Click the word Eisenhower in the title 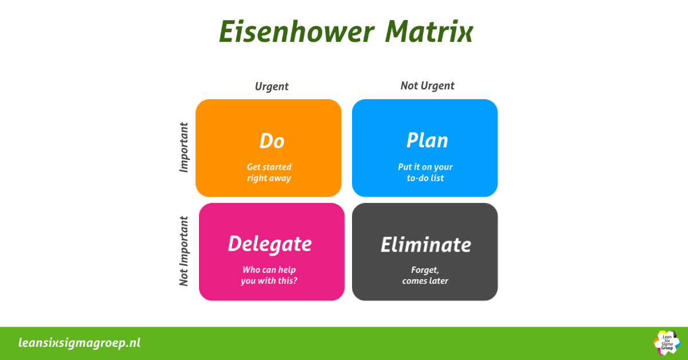point(297,32)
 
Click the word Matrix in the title point(429,32)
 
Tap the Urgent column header point(272,87)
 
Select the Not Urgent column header point(427,86)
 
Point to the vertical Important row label point(183,147)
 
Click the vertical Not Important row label point(183,251)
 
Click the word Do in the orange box point(272,141)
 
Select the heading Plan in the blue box point(427,140)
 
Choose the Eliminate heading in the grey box point(425,245)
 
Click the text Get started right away point(269,173)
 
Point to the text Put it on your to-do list point(425,173)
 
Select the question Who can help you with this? point(269,275)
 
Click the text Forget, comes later point(425,275)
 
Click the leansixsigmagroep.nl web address point(79,343)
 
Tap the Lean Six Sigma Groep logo point(667,343)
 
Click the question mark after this point(295,280)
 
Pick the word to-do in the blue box point(417,178)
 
